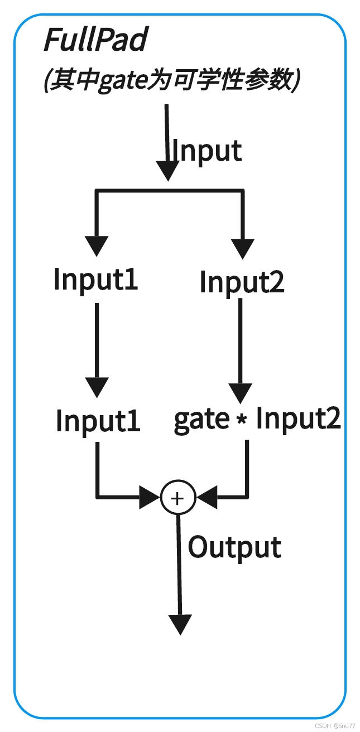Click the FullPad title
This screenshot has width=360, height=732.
point(95,40)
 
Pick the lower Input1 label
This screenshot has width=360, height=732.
point(98,421)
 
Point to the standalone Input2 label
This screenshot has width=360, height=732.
point(242,282)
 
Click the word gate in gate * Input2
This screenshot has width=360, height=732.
point(201,420)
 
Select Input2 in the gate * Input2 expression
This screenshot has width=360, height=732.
point(298,418)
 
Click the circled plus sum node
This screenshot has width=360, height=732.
point(177,498)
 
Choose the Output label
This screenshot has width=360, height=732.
point(234,547)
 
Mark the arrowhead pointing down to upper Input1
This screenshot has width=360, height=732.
point(97,246)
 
